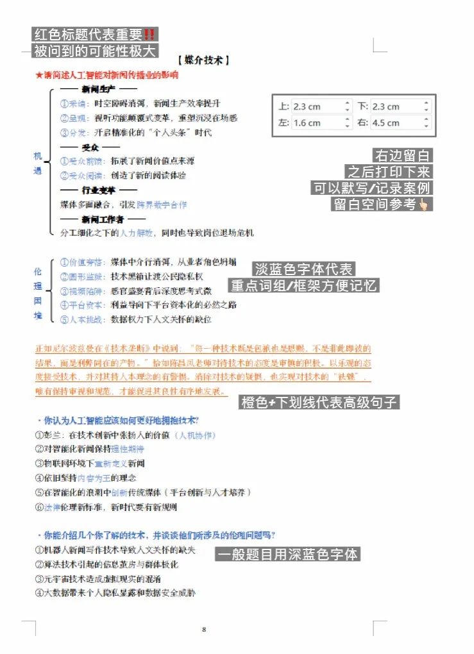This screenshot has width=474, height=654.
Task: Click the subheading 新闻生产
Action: tap(98, 89)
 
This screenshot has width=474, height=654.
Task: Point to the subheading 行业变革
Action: tap(98, 190)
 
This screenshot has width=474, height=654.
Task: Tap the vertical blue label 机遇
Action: tap(37, 163)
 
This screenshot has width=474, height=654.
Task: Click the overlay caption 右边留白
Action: tap(403, 155)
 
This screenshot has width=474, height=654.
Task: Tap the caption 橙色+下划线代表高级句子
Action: tap(319, 402)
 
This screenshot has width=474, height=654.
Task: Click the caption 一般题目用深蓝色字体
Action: tap(287, 555)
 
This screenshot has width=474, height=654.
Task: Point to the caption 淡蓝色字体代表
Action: tap(304, 269)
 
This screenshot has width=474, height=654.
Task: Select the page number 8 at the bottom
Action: tap(204, 629)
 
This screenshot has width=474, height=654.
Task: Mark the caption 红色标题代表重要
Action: tap(95, 35)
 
